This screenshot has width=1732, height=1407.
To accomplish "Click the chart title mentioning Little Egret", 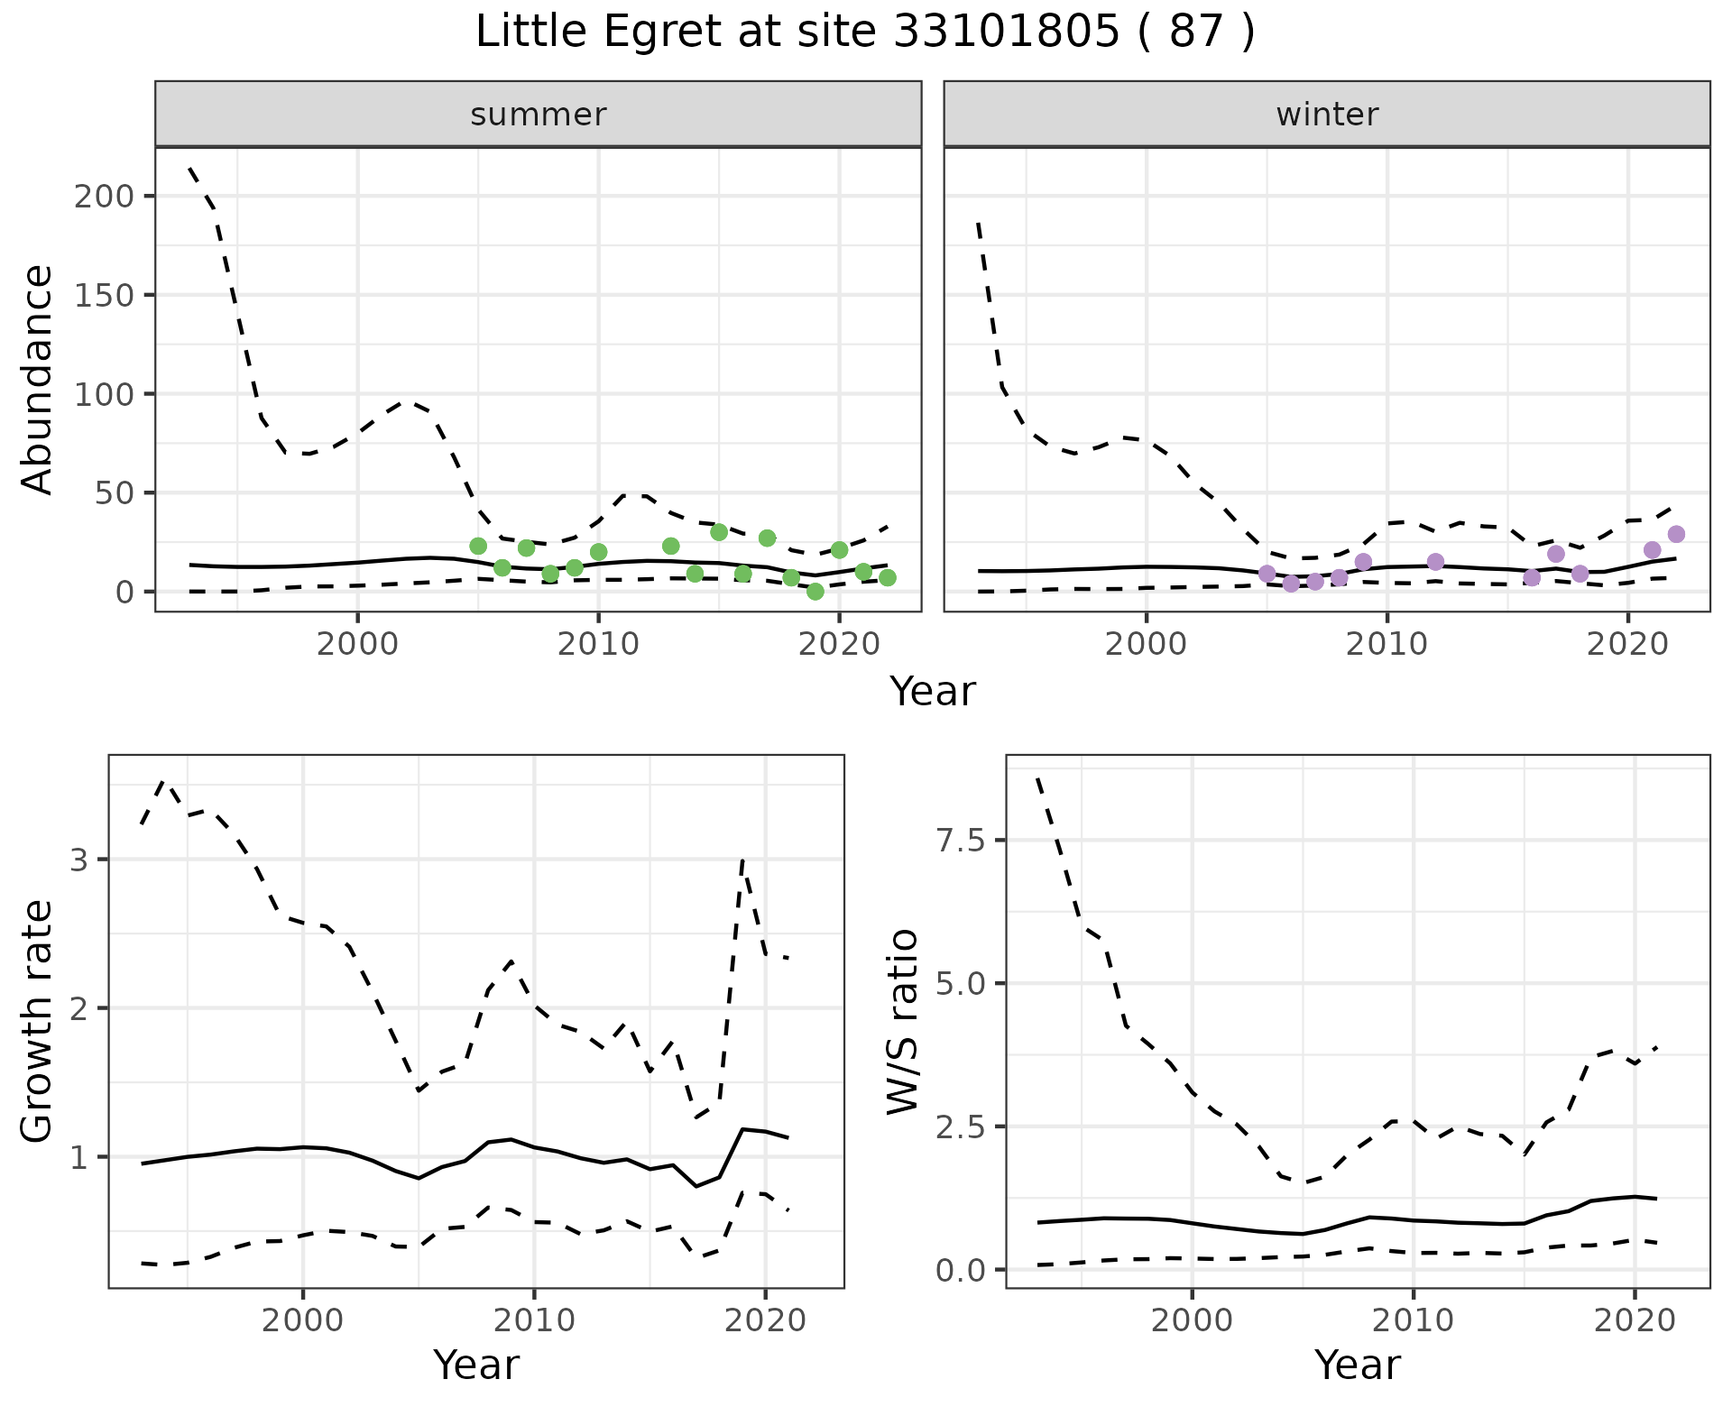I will [865, 33].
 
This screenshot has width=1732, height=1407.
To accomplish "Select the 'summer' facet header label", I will [539, 115].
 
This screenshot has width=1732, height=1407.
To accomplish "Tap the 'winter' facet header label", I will [1327, 115].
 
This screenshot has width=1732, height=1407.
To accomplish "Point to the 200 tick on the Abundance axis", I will [105, 197].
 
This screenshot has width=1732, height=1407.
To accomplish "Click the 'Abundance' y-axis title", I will [38, 379].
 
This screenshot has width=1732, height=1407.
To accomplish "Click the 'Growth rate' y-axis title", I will [38, 1022].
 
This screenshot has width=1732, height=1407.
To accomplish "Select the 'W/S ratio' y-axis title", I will [903, 1022].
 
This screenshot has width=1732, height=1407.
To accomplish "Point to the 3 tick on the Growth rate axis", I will [79, 860].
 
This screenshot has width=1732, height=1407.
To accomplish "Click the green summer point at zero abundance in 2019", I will [815, 592].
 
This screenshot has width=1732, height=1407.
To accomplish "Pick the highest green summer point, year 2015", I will [719, 532].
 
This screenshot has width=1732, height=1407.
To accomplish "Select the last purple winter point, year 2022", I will [1676, 534].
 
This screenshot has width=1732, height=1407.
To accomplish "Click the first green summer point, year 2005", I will [478, 546].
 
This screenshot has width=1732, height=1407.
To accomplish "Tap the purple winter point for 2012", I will [1435, 562].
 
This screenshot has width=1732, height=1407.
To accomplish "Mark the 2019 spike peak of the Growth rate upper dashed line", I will [742, 860].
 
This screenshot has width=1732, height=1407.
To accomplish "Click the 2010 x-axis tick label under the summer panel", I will [598, 644].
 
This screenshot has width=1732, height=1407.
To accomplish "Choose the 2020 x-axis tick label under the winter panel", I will [1627, 644].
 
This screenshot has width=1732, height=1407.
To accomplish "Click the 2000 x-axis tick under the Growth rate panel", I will [303, 1320].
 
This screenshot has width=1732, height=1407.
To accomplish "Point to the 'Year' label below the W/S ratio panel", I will [1357, 1365].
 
